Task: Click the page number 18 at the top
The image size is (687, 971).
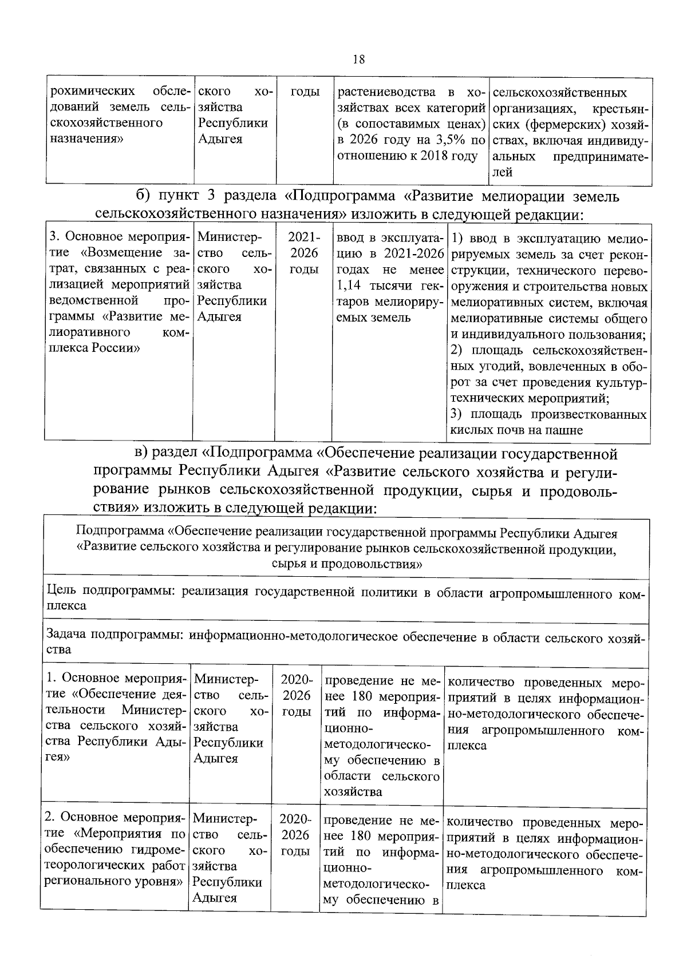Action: click(x=359, y=60)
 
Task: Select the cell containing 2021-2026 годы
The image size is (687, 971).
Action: click(x=304, y=253)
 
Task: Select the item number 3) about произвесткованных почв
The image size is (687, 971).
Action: click(x=457, y=414)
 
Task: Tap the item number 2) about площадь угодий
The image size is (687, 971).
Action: click(x=457, y=350)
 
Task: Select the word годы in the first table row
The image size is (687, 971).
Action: click(x=305, y=92)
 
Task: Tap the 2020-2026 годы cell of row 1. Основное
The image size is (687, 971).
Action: click(x=297, y=696)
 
